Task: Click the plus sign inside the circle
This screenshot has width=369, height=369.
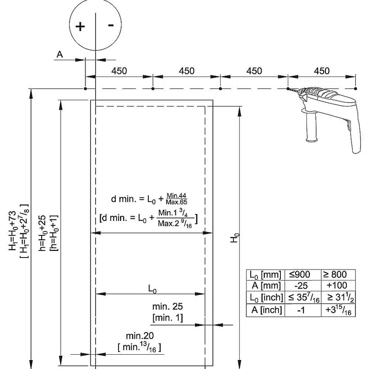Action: click(x=80, y=26)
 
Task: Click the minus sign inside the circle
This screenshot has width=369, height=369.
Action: click(x=111, y=25)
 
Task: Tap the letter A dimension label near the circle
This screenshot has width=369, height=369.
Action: click(x=60, y=54)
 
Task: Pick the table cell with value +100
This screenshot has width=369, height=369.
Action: click(x=337, y=285)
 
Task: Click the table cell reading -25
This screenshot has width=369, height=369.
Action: click(x=301, y=286)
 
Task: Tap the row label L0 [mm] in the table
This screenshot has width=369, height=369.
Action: click(x=265, y=275)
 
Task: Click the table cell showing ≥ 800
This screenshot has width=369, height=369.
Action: click(x=335, y=275)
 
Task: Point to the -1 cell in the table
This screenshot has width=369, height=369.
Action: click(x=301, y=310)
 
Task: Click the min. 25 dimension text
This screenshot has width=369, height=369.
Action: click(x=168, y=306)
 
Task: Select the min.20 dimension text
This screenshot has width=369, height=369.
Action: click(x=140, y=335)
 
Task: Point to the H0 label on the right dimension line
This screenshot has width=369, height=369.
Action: click(x=235, y=238)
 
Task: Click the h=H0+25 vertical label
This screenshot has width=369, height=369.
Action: click(x=42, y=233)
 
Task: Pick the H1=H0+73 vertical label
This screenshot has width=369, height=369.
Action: click(x=13, y=231)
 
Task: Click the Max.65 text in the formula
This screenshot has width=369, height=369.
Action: click(x=176, y=202)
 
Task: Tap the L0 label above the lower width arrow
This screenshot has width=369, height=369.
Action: click(x=152, y=289)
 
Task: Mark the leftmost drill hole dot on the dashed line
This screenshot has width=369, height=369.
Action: click(x=86, y=89)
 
